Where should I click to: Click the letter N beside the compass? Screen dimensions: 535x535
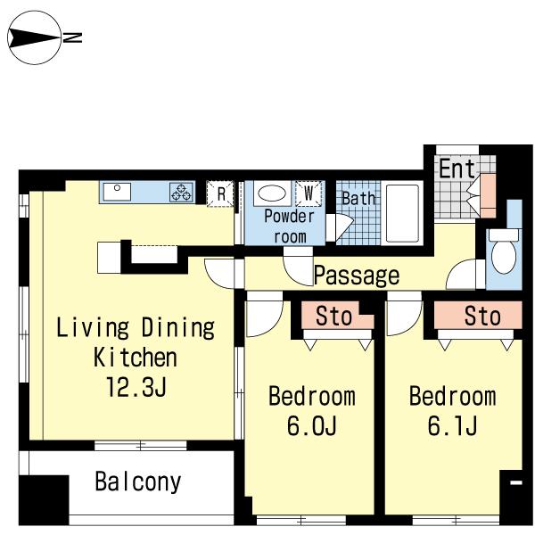72,37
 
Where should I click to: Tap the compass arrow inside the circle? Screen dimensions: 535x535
34,37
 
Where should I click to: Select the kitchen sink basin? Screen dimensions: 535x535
117,192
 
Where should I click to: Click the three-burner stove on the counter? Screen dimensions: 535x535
181,192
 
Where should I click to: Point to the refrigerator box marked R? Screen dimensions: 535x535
220,193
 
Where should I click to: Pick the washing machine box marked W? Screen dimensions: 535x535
309,193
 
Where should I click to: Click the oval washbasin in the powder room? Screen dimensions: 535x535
272,193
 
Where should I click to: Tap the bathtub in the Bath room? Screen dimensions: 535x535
402,214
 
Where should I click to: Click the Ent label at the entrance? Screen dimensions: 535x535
457,169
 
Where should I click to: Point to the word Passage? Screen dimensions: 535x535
356,276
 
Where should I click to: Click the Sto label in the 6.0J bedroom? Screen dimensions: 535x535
333,316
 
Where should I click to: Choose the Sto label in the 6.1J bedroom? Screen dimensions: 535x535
482,316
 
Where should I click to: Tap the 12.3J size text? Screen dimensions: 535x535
136,387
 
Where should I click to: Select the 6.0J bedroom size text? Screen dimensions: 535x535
311,425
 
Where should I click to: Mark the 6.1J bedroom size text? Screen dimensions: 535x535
452,425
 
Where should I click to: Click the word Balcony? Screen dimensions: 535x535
138,481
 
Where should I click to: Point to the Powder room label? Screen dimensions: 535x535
289,226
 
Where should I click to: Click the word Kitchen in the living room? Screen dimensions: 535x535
136,357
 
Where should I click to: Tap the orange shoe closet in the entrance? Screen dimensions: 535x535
488,195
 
